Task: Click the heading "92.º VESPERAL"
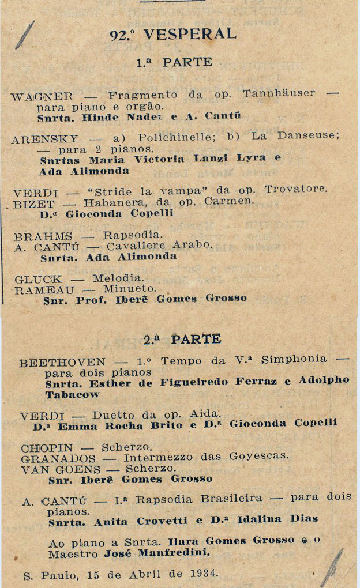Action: pyautogui.click(x=173, y=35)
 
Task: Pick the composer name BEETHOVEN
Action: pyautogui.click(x=62, y=363)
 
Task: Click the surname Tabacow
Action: pyautogui.click(x=72, y=394)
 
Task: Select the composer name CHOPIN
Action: pyautogui.click(x=47, y=447)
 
